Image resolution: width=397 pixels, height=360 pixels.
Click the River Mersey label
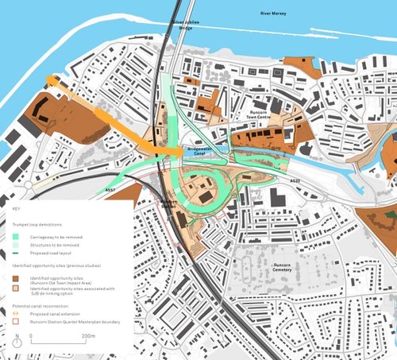click(x=278, y=14)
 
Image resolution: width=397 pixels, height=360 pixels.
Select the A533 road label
click(x=295, y=181)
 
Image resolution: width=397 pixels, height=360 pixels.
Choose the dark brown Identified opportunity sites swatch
click(x=17, y=277)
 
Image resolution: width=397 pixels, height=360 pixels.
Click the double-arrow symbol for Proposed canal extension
click(x=17, y=314)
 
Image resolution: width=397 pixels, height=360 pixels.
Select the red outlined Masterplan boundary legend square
click(x=17, y=322)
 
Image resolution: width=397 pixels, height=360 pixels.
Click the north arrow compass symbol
click(x=16, y=339)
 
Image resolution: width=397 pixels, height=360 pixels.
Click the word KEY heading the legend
click(x=16, y=208)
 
